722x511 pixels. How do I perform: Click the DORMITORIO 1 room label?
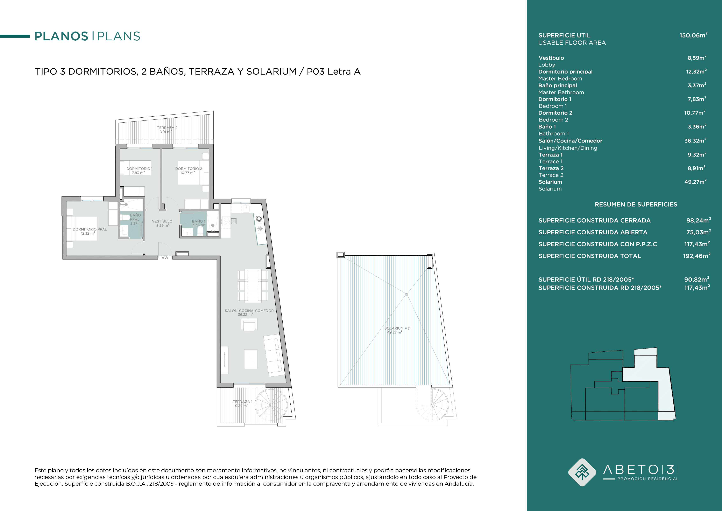click(x=139, y=169)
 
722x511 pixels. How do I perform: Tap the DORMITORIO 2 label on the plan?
click(x=189, y=169)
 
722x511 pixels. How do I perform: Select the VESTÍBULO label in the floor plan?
click(x=162, y=221)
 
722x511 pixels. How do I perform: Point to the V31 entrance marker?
click(x=165, y=257)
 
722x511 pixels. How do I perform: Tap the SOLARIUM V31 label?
click(x=397, y=328)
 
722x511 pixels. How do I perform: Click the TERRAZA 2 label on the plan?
click(x=167, y=128)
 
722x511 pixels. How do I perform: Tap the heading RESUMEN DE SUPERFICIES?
click(x=636, y=205)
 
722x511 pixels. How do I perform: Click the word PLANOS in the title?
click(x=61, y=36)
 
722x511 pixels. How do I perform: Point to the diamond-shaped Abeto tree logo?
click(x=582, y=472)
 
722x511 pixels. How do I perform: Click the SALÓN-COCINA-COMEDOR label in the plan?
click(x=249, y=311)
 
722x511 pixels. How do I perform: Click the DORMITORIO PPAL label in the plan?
click(x=90, y=229)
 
